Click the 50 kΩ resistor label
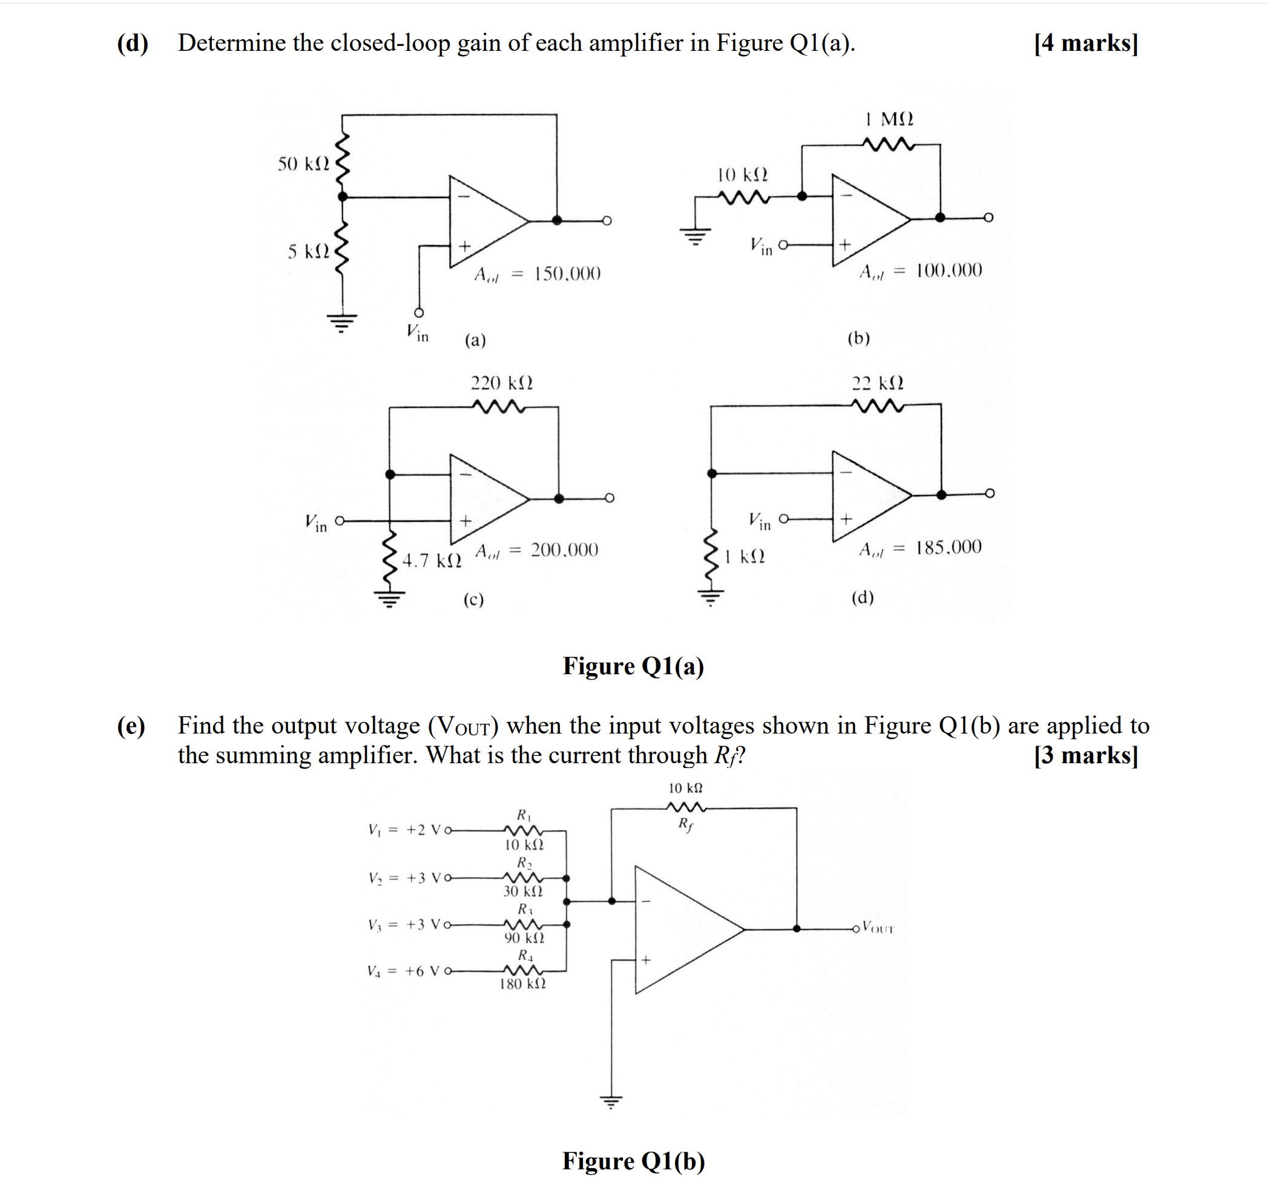(x=303, y=164)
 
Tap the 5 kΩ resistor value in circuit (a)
(x=308, y=251)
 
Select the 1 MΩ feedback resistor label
(x=889, y=119)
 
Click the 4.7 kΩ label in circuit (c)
(x=432, y=561)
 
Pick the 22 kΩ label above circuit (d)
(x=878, y=383)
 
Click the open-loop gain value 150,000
(x=567, y=274)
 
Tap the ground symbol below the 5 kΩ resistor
(x=342, y=323)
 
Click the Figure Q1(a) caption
(x=633, y=666)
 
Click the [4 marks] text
(x=1085, y=43)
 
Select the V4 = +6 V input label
(x=403, y=971)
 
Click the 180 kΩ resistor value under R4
(x=522, y=984)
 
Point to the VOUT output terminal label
(x=878, y=928)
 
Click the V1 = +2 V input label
(x=404, y=830)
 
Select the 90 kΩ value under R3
(x=524, y=938)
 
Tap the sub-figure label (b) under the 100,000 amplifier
(x=858, y=338)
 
